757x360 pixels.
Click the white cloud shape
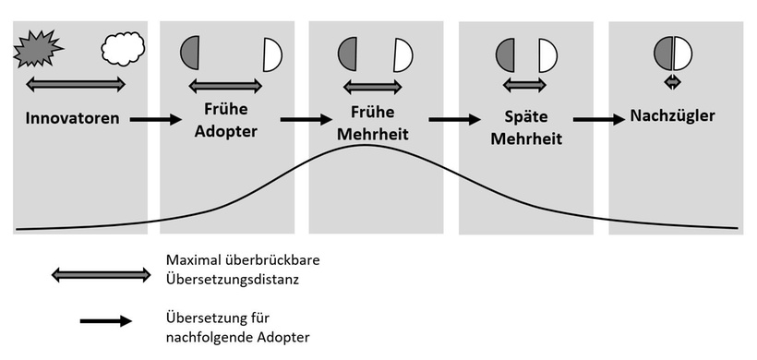(123, 47)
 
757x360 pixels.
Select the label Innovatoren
(72, 119)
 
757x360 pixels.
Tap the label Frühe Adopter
(226, 119)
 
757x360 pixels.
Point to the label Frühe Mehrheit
(374, 121)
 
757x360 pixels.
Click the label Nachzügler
(673, 116)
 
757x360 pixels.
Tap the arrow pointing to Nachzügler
(598, 119)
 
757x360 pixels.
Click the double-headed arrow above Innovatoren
(75, 85)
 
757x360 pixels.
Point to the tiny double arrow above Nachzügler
(673, 82)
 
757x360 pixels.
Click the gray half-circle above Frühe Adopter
(191, 54)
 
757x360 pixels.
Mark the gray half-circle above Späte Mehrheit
(506, 55)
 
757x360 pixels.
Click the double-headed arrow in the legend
(102, 274)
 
